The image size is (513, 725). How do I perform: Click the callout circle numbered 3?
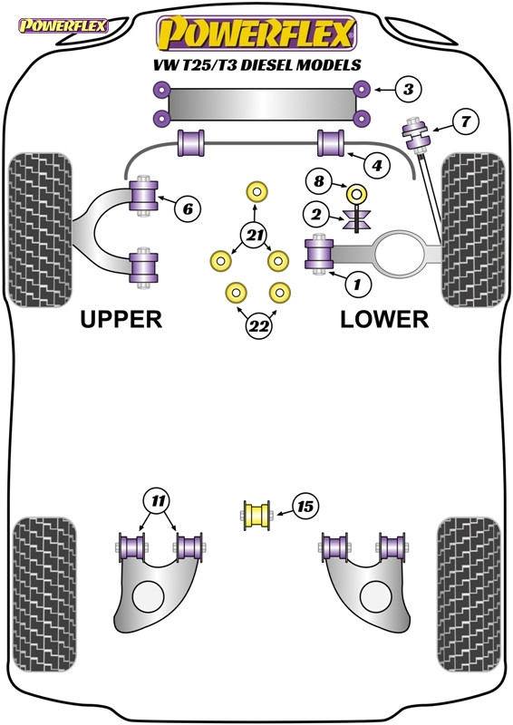coord(407,90)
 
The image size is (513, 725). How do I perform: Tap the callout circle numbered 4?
coord(377,165)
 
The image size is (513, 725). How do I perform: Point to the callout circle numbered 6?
coord(188,209)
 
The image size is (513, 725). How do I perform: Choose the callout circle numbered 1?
coord(357,285)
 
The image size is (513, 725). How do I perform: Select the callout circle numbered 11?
coord(160,499)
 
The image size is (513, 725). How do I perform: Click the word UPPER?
coord(121,319)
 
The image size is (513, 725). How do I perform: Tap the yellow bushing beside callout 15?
coord(258,515)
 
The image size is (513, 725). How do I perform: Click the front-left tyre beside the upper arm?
coord(40,230)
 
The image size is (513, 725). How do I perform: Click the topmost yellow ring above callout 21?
coord(256,191)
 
